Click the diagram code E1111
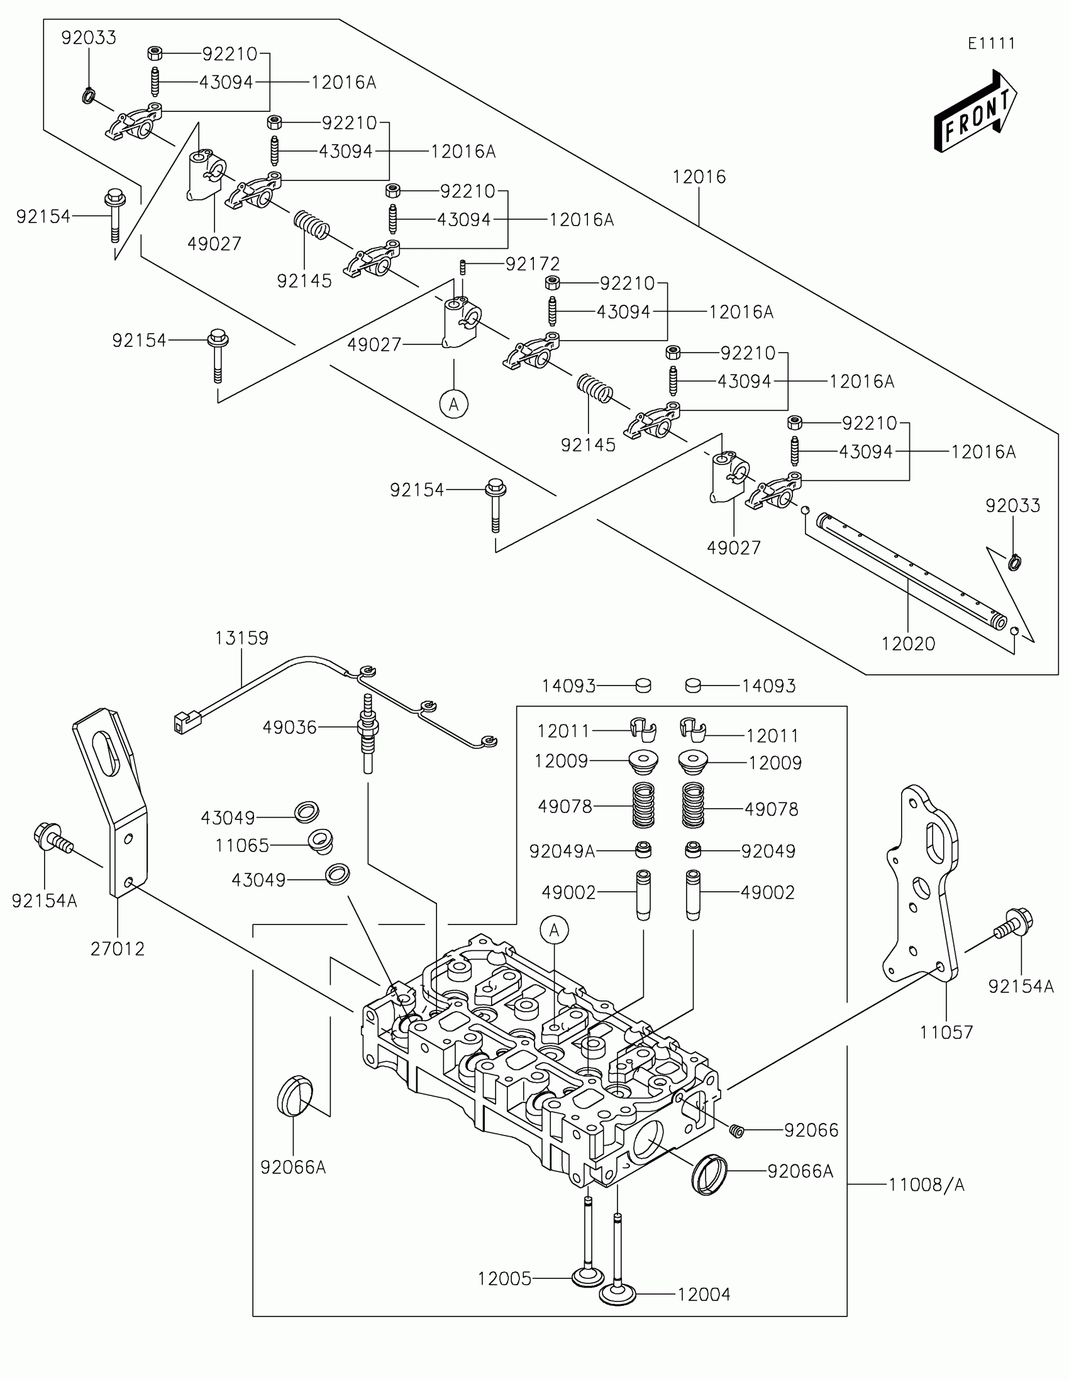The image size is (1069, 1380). pos(991,43)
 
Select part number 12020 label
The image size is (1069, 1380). pos(908,644)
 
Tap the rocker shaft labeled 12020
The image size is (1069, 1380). pos(911,571)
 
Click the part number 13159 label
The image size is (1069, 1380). pos(241,638)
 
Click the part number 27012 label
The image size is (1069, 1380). pos(118,948)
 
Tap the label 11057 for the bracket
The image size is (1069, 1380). pos(946,1032)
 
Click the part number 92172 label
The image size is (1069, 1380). pos(532,263)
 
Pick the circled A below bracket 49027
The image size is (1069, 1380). pos(454,404)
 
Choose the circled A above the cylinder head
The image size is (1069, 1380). pos(555,930)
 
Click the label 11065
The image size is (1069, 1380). pos(242,845)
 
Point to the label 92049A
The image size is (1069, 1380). pos(562,851)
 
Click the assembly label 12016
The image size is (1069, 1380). pos(699,177)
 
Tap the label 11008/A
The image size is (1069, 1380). pos(926,1185)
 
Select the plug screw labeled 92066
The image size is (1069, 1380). pos(735,1131)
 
